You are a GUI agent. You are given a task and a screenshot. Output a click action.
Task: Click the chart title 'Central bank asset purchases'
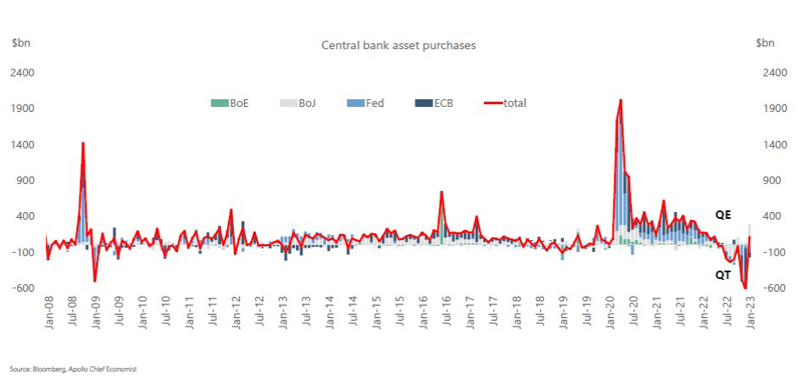click(x=398, y=45)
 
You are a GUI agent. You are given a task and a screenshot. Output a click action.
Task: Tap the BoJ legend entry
click(x=298, y=103)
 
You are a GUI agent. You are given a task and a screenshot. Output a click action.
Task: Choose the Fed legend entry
click(x=365, y=103)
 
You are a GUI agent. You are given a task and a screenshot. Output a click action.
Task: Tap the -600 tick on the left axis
click(x=23, y=288)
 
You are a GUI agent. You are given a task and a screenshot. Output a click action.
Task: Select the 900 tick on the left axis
click(x=24, y=181)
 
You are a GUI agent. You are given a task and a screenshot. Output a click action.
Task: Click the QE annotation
click(x=723, y=215)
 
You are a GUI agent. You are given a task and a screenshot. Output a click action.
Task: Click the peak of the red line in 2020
click(x=621, y=100)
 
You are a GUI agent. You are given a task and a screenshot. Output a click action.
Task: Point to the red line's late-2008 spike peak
click(x=83, y=143)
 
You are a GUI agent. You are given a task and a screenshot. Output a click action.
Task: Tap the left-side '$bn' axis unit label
click(x=21, y=43)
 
